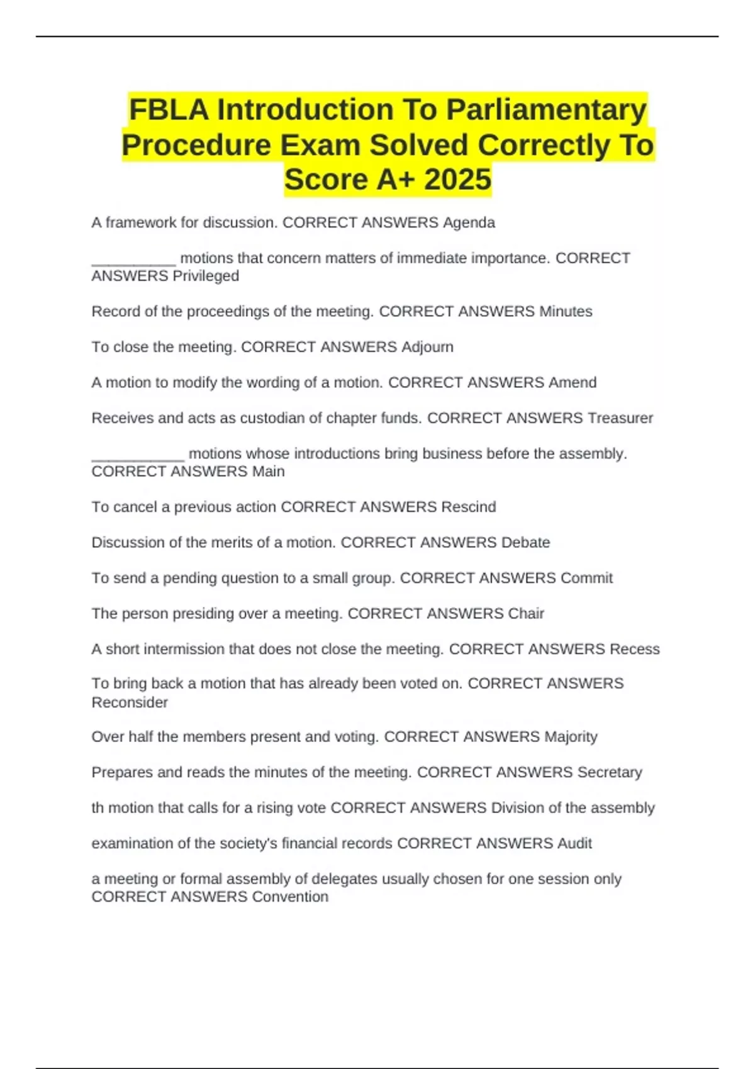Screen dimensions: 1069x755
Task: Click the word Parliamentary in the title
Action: [546, 110]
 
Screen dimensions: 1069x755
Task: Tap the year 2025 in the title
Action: [457, 179]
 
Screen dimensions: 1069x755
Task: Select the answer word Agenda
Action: [469, 223]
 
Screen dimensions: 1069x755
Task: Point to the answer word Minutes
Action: [566, 311]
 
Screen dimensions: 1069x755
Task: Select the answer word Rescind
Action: [468, 507]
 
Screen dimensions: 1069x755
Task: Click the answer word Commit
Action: [586, 578]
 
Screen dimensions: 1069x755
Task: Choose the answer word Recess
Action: [635, 649]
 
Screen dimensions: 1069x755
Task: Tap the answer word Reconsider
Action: [130, 702]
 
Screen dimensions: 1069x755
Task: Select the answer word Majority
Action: [571, 737]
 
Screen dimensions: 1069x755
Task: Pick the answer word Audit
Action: [574, 843]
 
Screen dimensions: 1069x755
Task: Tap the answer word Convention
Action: [290, 897]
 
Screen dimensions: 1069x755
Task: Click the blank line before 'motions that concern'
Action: [133, 263]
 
